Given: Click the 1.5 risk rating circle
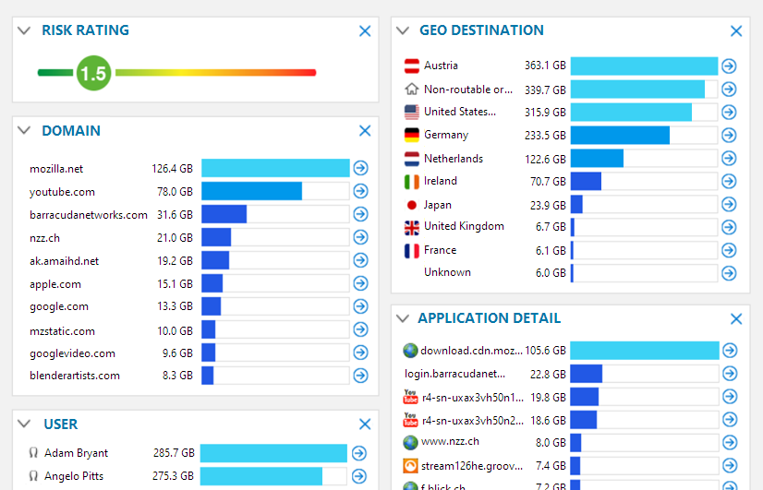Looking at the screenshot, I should tap(93, 73).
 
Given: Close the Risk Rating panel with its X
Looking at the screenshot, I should tap(365, 31).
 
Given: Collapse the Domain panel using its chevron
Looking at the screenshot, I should tap(24, 131).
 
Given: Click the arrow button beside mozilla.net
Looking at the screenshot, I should tap(360, 168).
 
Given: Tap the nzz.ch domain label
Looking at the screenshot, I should tap(45, 238).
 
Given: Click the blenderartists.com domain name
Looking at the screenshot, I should tap(75, 376).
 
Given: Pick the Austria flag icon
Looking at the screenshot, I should tap(412, 66).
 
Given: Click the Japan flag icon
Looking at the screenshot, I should tap(412, 205).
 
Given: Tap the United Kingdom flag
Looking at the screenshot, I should tap(412, 227).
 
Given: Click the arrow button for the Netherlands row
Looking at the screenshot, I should tap(729, 159).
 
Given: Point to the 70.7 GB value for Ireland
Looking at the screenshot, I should tap(548, 182).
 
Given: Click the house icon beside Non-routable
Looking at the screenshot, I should tap(412, 90).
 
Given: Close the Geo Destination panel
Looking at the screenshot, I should tap(736, 31).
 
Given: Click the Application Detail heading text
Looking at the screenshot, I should tap(489, 318).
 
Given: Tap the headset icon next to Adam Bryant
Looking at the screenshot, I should tap(34, 453).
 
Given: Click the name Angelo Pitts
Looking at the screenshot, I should tap(74, 476).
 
